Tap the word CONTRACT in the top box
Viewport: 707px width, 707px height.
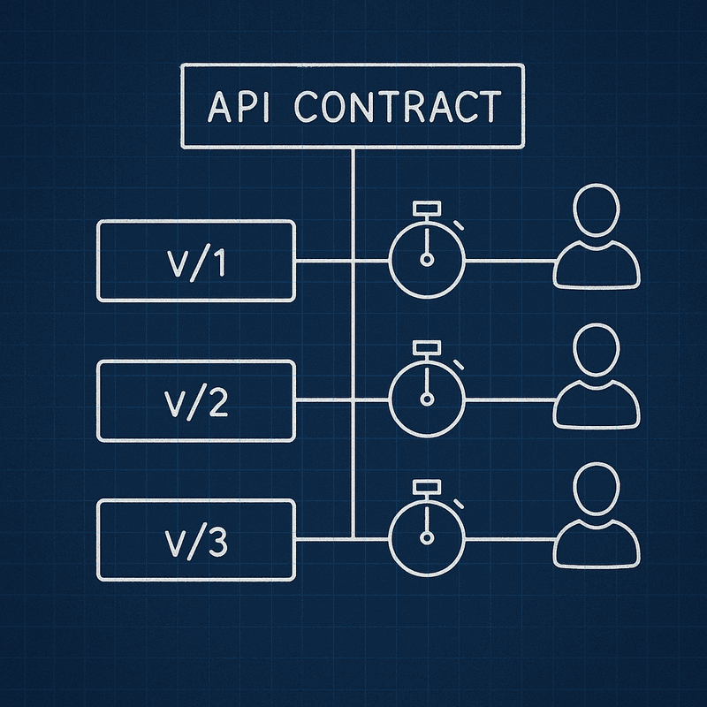(x=397, y=107)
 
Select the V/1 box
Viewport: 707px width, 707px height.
(x=195, y=261)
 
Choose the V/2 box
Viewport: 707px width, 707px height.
(x=195, y=400)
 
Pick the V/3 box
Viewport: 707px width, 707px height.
(x=195, y=539)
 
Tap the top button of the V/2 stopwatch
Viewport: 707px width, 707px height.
(x=428, y=347)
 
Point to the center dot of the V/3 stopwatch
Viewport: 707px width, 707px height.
(x=428, y=537)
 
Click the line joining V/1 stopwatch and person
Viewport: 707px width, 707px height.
(x=508, y=262)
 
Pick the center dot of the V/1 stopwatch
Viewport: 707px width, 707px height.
(x=428, y=260)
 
